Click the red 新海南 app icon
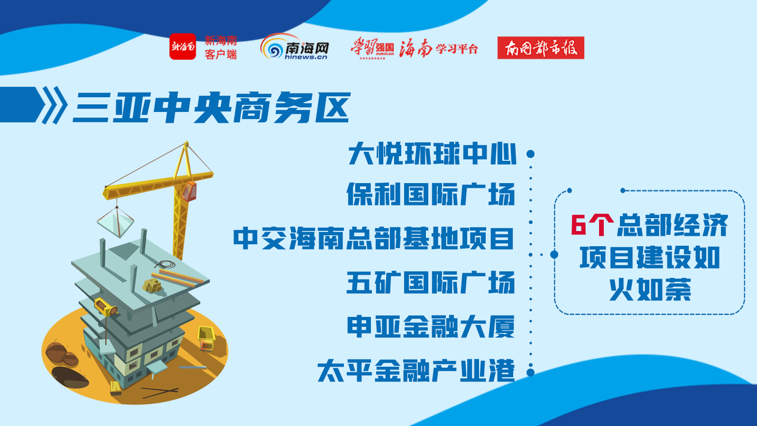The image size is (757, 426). tap(183, 46)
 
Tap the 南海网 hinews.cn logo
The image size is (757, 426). tap(295, 46)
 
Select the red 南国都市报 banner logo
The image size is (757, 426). tap(541, 47)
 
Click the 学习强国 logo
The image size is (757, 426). tap(372, 48)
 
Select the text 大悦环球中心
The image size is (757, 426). tap(432, 154)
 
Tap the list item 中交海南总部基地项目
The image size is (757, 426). tap(373, 239)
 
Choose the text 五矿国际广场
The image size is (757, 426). tap(431, 282)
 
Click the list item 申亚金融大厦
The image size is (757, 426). tap(431, 326)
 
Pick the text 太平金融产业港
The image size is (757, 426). tap(416, 370)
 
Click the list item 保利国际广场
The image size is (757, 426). tap(431, 194)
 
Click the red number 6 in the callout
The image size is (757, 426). tap(578, 225)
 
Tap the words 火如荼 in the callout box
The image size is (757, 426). tap(650, 289)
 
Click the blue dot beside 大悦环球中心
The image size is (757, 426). tap(531, 154)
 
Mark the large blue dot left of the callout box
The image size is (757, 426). tap(554, 255)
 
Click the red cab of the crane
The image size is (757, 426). tap(190, 191)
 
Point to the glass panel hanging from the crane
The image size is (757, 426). tap(116, 221)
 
